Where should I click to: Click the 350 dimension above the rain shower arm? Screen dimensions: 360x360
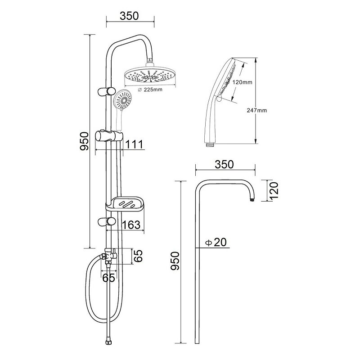click(129, 16)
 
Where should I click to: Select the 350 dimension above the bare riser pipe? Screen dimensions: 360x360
click(224, 164)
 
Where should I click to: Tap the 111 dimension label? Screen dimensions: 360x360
click(134, 144)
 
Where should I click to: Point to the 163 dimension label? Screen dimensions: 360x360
click(131, 225)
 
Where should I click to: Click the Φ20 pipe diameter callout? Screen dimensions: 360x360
click(216, 242)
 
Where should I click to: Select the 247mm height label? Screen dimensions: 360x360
click(256, 110)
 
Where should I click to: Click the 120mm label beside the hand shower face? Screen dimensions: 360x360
click(242, 82)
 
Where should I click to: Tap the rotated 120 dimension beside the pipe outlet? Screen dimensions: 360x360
click(274, 190)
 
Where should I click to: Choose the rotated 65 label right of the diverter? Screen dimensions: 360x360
click(138, 256)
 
